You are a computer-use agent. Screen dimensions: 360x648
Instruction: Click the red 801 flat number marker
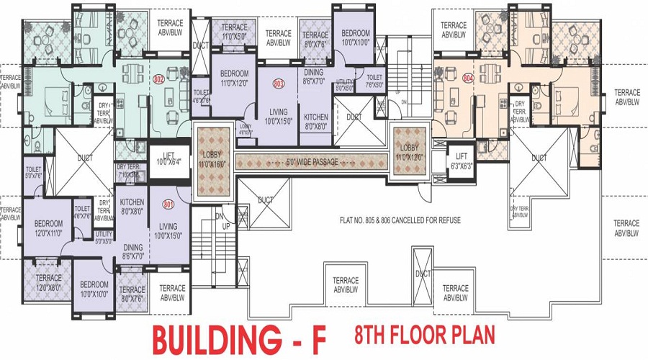tap(168, 204)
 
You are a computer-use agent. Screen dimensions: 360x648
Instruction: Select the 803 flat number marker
tap(278, 84)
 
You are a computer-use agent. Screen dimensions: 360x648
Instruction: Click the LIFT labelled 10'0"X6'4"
tap(168, 158)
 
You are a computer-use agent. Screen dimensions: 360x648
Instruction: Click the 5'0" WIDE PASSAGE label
tap(312, 163)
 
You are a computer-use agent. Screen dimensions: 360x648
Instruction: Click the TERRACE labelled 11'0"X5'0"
tap(233, 30)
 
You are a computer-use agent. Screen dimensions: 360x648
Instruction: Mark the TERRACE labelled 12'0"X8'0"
tap(48, 282)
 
